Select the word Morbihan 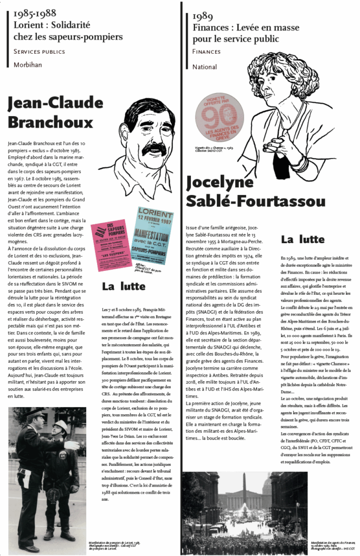28,65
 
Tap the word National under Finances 204,67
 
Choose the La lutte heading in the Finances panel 303,239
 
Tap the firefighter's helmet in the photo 61,426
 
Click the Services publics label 39,52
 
